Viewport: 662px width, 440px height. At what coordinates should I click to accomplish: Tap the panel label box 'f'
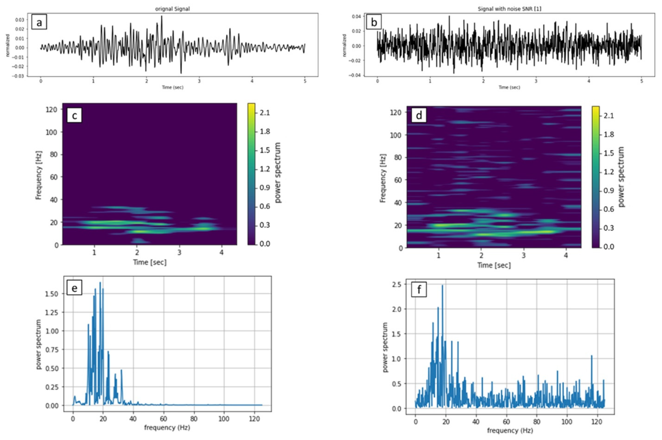(419, 290)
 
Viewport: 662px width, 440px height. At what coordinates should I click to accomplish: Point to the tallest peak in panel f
(442, 286)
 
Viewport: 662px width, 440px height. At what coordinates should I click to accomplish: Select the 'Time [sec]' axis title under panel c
(149, 262)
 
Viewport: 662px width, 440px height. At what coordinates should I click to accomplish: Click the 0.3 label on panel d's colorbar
(608, 228)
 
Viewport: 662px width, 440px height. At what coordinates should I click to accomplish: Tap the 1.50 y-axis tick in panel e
(51, 294)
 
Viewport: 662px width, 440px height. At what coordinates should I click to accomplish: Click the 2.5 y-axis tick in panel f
(397, 284)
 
